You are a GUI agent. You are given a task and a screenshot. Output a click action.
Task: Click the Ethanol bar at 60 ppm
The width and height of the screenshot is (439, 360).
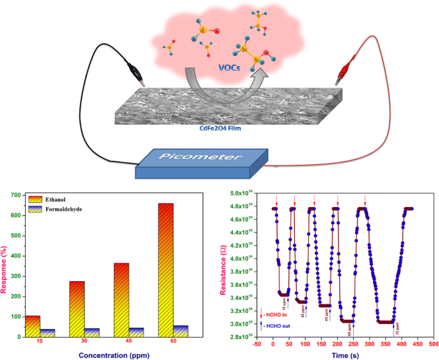165,269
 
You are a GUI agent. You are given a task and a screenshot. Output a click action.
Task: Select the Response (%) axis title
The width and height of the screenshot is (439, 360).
6,264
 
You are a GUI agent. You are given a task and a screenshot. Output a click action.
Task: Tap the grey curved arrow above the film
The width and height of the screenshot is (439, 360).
221,83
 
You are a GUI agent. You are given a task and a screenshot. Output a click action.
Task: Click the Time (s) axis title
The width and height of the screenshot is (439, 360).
343,353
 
